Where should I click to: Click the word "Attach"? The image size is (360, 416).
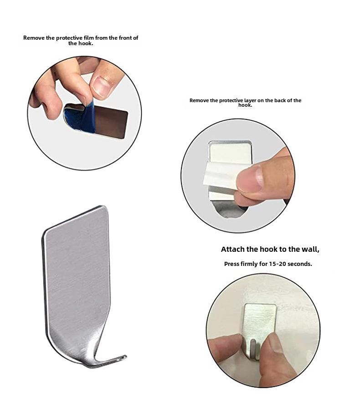tap(233, 250)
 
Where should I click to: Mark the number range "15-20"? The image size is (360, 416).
tap(279, 264)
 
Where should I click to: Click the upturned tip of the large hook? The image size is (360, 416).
tap(119, 359)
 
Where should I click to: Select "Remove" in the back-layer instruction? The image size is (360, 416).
tap(199, 100)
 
